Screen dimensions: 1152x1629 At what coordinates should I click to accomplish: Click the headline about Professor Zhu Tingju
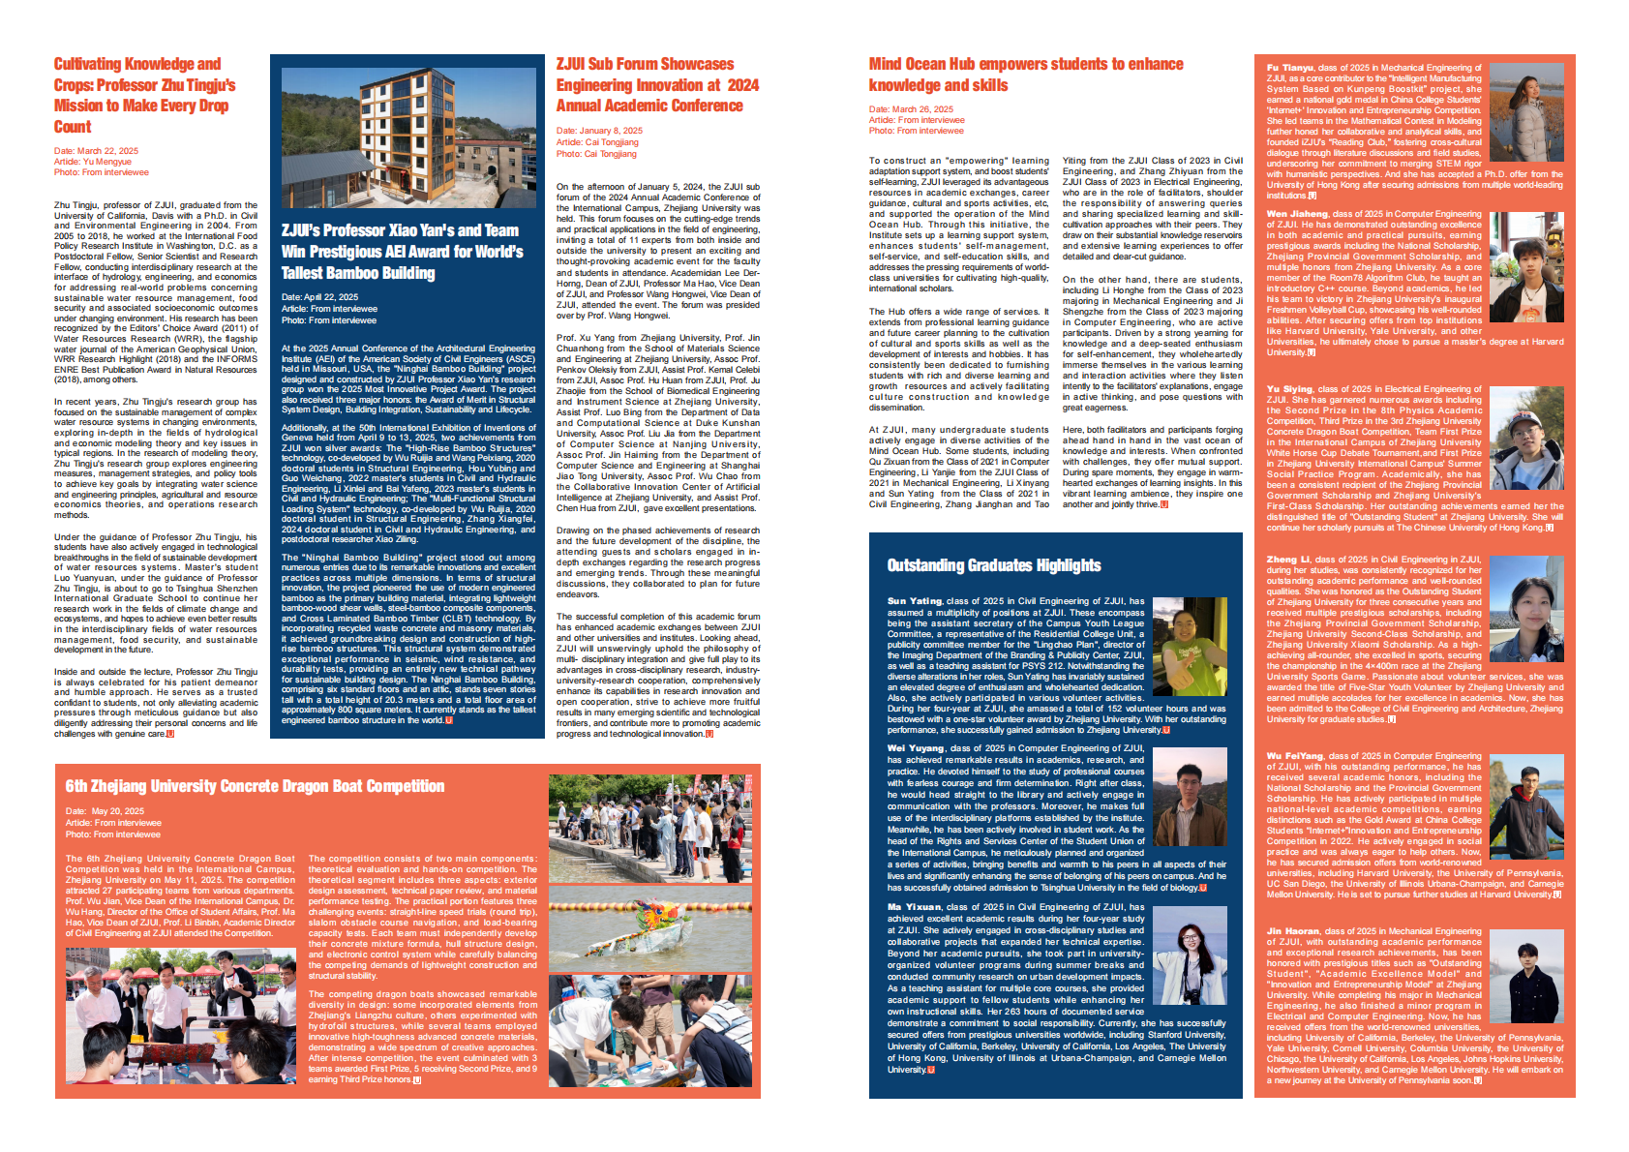(145, 95)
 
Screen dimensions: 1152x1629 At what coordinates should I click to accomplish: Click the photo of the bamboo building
(407, 137)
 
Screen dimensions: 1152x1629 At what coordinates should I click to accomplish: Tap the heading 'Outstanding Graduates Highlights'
(994, 565)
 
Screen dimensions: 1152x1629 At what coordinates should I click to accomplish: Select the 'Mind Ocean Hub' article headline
(1025, 75)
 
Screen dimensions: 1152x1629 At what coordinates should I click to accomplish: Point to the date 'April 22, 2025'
(319, 297)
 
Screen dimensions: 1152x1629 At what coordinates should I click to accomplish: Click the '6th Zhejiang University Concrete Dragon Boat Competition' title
(255, 786)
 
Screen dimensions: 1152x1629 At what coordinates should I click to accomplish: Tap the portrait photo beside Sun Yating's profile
(1190, 647)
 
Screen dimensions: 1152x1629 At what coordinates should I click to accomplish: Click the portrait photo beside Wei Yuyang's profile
(1190, 798)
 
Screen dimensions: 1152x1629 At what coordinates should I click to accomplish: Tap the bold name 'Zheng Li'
(1288, 560)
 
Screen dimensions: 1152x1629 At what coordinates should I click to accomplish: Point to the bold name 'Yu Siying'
(1289, 389)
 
